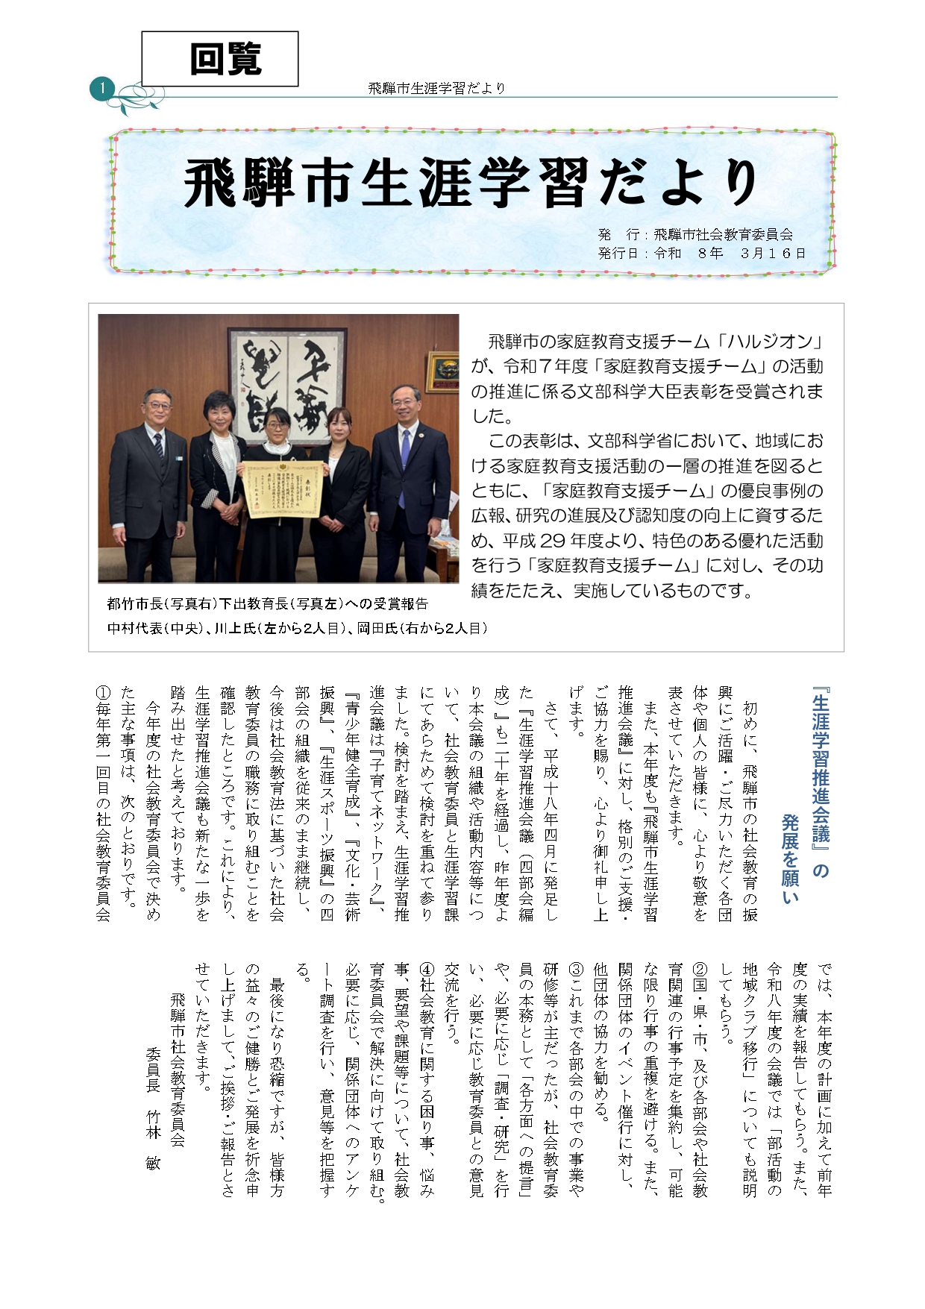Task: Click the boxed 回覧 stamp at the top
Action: coord(220,59)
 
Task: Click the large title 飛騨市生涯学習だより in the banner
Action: coord(471,183)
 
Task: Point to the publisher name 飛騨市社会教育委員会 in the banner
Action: coord(722,235)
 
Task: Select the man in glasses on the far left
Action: coord(149,477)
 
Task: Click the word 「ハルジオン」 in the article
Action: coord(768,342)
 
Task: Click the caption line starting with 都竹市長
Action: coord(268,603)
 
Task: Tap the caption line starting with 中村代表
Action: coord(297,628)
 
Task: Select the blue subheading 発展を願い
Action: coord(790,858)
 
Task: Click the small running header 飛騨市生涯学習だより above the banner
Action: coord(437,88)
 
